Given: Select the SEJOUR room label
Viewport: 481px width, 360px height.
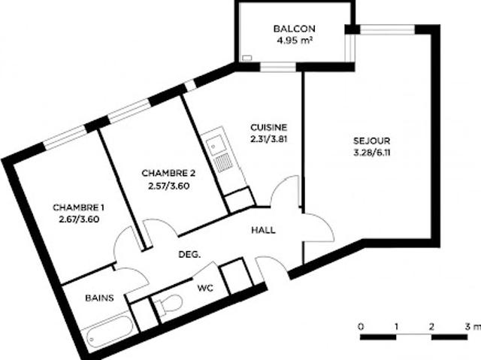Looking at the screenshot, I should (x=371, y=141).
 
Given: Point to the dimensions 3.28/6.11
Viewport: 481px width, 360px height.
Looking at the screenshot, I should (x=371, y=153).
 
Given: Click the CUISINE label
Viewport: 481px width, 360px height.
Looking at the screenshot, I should (x=268, y=128).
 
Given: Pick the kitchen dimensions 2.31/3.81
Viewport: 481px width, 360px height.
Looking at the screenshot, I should (x=268, y=139).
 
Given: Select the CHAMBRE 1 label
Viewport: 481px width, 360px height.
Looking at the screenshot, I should (x=78, y=207).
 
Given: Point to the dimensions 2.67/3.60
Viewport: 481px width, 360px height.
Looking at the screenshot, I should (x=78, y=219).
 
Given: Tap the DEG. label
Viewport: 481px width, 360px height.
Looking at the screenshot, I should (x=189, y=256).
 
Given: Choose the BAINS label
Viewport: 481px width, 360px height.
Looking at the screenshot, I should (x=99, y=298).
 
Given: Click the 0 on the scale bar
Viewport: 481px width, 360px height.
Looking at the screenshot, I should (x=362, y=327).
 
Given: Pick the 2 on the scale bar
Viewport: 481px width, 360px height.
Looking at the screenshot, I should (x=431, y=327).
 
